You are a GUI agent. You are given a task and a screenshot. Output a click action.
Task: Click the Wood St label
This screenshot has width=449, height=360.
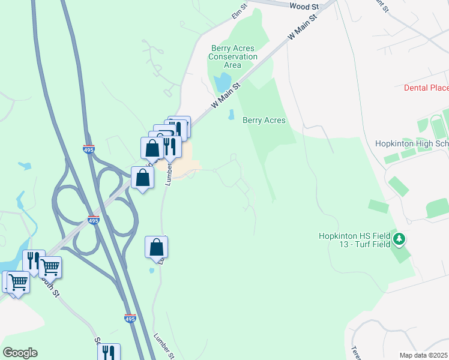coord(304,6)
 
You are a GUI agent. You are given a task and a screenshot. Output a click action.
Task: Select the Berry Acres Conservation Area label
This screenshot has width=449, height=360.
coord(232,57)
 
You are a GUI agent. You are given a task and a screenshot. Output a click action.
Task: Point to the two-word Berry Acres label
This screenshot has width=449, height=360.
coord(264,120)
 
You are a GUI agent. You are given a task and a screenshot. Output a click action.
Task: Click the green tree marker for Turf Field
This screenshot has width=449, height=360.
coord(399,240)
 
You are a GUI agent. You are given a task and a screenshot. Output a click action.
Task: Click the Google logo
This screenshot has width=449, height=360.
coord(20,353)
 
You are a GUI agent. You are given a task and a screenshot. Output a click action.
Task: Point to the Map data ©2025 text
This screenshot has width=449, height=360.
coord(423,355)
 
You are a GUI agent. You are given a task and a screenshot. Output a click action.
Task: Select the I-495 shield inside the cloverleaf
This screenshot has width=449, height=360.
coord(92,220)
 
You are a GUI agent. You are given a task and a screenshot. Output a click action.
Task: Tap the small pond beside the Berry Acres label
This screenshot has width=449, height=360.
coord(231,114)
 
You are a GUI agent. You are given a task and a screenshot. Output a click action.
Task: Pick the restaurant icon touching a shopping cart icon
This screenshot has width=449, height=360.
coord(33,259)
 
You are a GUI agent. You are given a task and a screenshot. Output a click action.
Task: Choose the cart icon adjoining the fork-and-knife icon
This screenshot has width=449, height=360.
coord(50,267)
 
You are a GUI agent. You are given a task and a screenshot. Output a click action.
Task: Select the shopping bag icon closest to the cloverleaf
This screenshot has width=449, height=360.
coord(142,177)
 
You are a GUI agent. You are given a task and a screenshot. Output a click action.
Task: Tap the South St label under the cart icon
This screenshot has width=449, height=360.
coord(52,289)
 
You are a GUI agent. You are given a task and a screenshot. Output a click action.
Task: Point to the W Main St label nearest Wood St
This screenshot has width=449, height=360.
coord(303,28)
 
